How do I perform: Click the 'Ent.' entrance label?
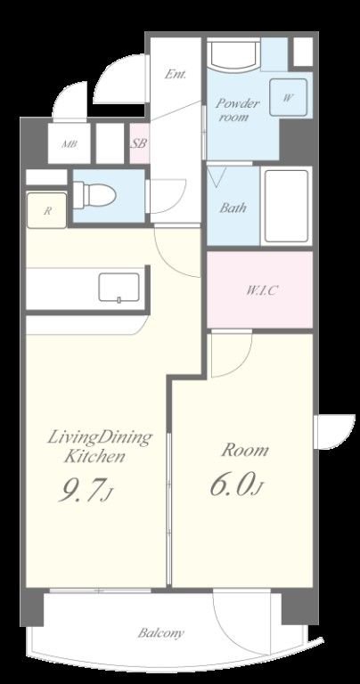(175, 75)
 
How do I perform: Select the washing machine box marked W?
(288, 97)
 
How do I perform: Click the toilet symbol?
(94, 194)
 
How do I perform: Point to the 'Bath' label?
(233, 208)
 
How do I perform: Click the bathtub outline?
(286, 206)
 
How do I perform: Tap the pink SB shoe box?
(139, 143)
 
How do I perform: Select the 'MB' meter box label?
(69, 144)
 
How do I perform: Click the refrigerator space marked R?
(47, 210)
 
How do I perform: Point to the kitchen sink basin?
(119, 287)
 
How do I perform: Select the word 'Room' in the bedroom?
(245, 450)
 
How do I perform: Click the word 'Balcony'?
(160, 633)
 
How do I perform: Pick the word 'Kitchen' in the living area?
(94, 457)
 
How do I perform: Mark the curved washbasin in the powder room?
(233, 55)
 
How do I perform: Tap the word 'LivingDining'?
(100, 437)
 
